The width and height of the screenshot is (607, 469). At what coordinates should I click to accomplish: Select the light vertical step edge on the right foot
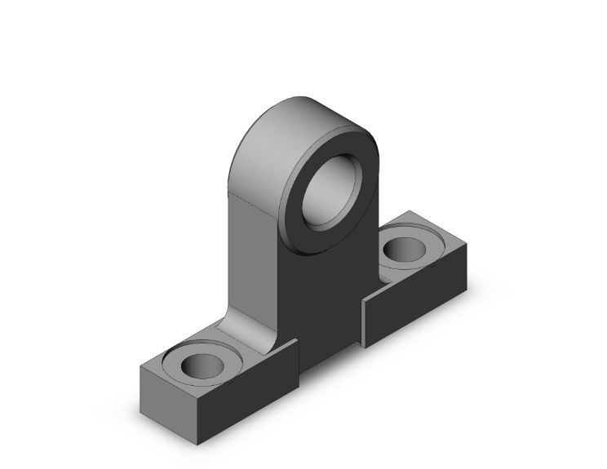[363, 322]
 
